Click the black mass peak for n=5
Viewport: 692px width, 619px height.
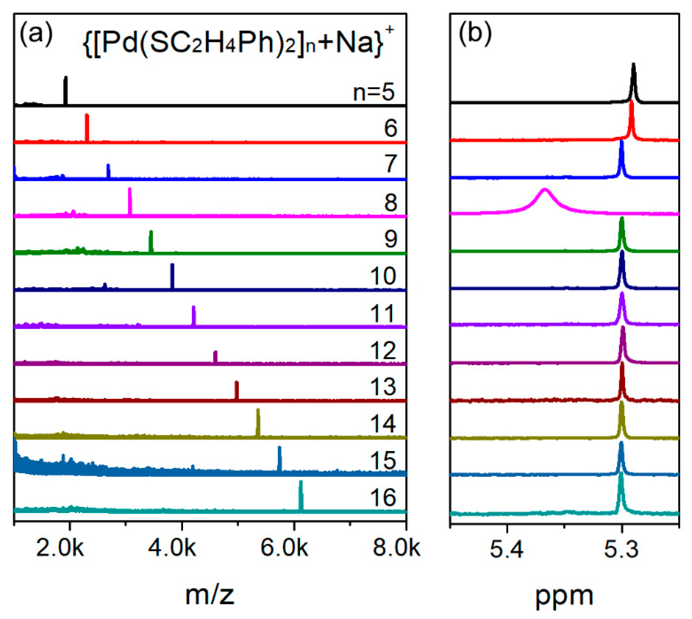[x=66, y=90]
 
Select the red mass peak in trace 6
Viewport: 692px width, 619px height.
[x=87, y=128]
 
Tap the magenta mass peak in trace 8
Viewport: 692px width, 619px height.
[x=130, y=201]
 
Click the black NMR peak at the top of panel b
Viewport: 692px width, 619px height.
[x=633, y=82]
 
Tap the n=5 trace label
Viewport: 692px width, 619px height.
[x=373, y=92]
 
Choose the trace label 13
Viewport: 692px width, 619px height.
[x=383, y=386]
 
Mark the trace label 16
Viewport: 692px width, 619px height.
[x=383, y=497]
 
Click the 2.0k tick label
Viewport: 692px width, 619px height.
[x=59, y=548]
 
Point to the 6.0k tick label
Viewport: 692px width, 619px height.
[x=284, y=548]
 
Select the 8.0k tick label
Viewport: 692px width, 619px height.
[x=396, y=548]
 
